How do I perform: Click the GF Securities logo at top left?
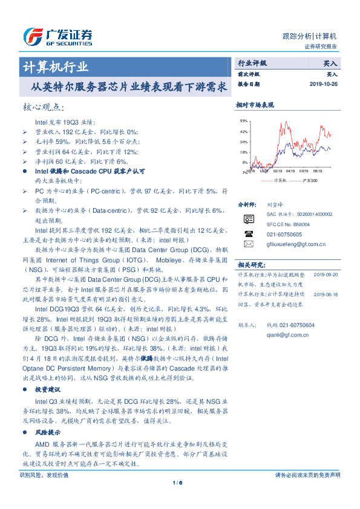click(57, 37)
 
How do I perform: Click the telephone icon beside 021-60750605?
click(249, 233)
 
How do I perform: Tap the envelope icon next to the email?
click(249, 244)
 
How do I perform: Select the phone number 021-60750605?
click(284, 233)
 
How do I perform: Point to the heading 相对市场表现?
click(255, 105)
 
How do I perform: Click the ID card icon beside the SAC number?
click(249, 218)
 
